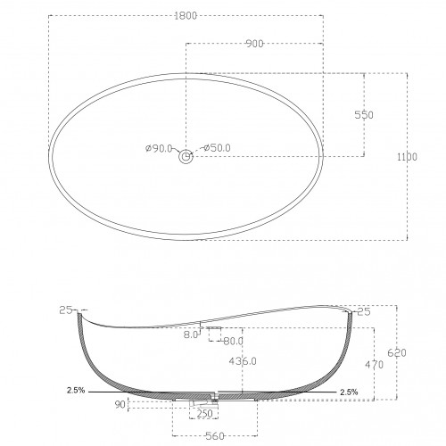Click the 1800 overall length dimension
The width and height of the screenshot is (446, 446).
tap(186, 15)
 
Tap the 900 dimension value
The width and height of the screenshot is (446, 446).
tap(255, 44)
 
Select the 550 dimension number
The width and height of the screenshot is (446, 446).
tap(364, 115)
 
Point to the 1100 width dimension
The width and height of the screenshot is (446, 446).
tap(408, 157)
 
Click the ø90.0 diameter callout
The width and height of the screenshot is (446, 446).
tap(159, 148)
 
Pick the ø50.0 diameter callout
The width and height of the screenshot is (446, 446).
tap(217, 147)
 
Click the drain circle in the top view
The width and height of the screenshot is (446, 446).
tap(186, 156)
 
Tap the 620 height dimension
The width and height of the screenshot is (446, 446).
tap(397, 353)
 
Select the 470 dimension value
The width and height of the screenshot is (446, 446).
tap(375, 365)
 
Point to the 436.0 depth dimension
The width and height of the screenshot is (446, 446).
tap(243, 361)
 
